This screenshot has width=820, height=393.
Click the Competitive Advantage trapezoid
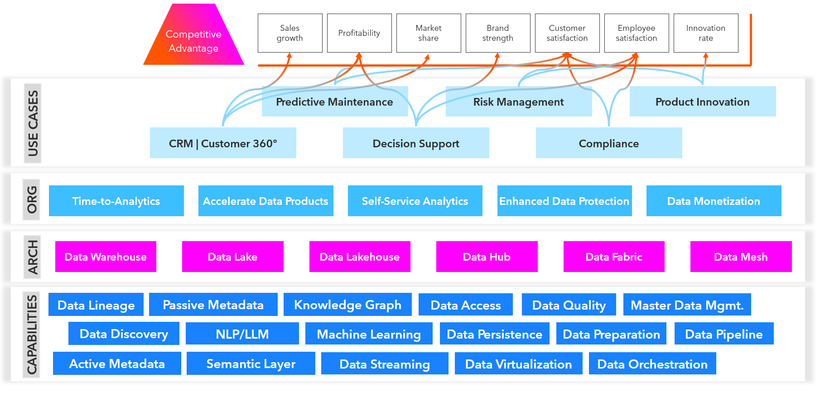[193, 41]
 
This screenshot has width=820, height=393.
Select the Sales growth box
[290, 33]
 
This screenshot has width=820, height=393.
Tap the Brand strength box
[497, 33]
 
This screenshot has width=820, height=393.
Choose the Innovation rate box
[705, 33]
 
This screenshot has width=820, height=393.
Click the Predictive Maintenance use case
[334, 102]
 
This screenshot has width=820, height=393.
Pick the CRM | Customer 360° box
[223, 143]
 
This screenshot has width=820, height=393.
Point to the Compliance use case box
[608, 143]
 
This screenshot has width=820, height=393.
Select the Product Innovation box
[702, 102]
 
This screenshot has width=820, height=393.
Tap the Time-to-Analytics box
[116, 201]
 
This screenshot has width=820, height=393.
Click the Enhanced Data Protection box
[564, 201]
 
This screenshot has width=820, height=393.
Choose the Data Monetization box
[714, 201]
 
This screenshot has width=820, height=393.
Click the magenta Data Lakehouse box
[360, 257]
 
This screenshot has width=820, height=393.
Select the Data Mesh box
[741, 257]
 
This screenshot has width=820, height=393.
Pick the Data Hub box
[487, 257]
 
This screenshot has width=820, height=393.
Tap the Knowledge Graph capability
[347, 305]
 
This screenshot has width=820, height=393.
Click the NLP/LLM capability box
[242, 334]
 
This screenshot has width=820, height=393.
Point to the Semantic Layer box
[251, 364]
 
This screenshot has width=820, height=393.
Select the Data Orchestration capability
[652, 364]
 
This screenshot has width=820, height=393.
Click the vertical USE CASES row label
[33, 123]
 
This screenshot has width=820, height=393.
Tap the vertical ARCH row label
[33, 257]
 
